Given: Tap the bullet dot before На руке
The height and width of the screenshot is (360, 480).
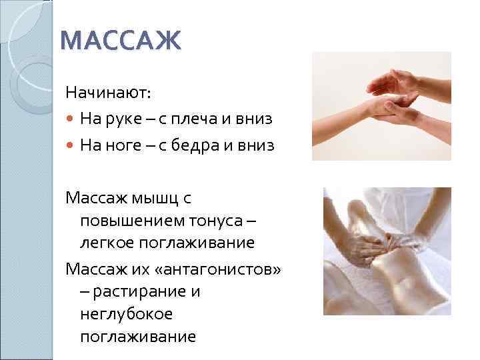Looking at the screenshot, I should click(x=70, y=119).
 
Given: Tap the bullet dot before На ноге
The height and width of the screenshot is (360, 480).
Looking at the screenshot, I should click(x=70, y=146).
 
